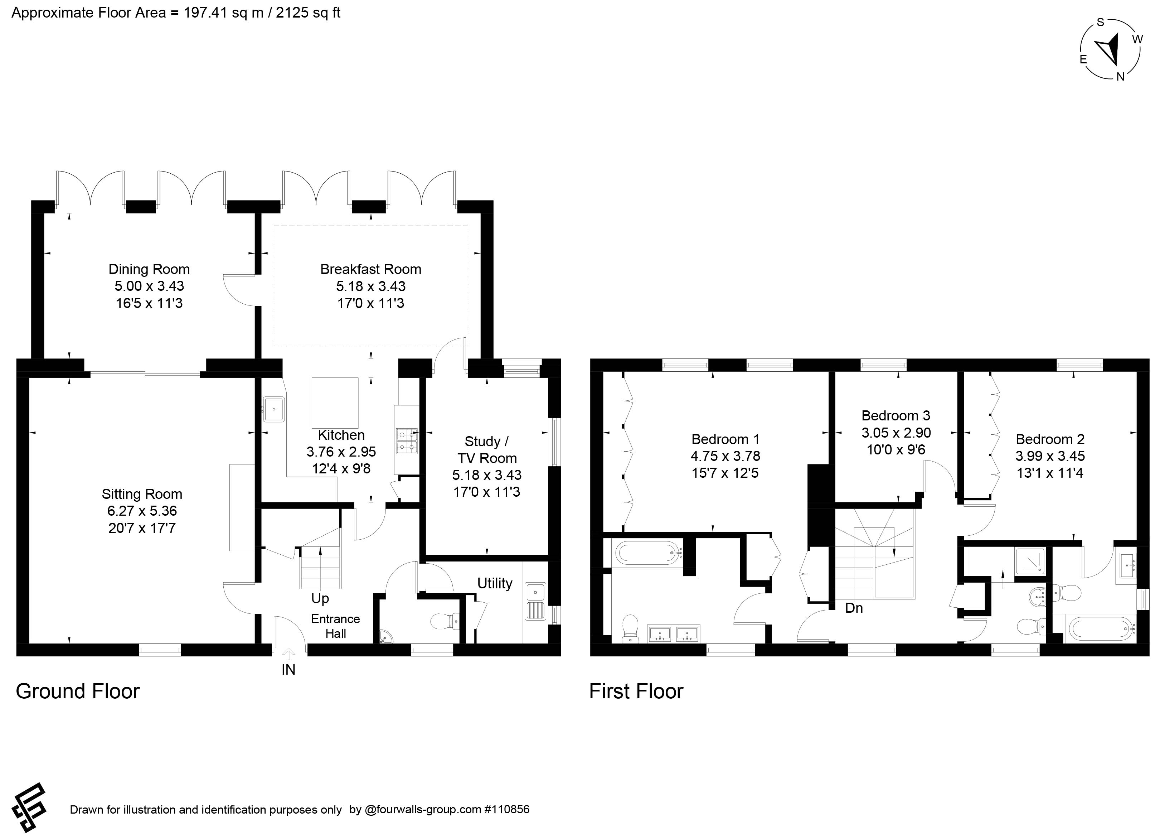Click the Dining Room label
(149, 269)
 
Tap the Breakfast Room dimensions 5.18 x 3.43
(371, 286)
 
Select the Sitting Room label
(142, 494)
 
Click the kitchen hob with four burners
(407, 441)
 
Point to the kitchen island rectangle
(335, 402)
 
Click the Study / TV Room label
(487, 450)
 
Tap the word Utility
(495, 583)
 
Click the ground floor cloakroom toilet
(445, 622)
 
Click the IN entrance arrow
(288, 654)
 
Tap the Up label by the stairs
(320, 598)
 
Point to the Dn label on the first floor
(854, 608)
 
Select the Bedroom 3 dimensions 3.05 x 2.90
(896, 433)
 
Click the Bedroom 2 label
(1050, 439)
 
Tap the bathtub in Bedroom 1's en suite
(648, 553)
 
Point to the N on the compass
(1120, 77)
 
